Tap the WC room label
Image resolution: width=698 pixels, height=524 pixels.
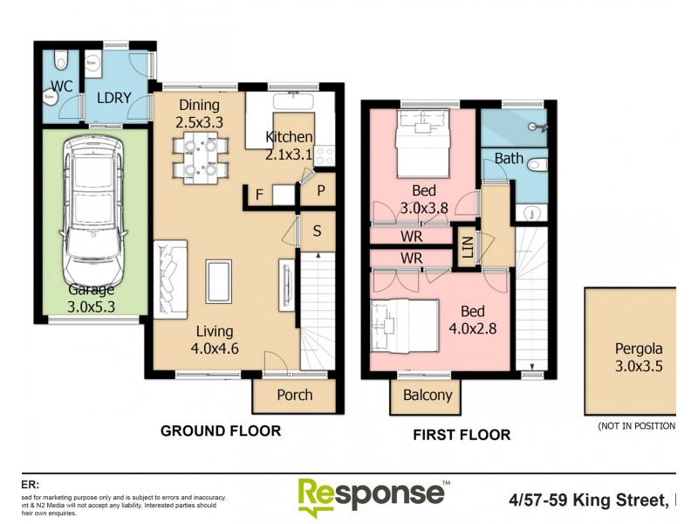pyautogui.click(x=61, y=86)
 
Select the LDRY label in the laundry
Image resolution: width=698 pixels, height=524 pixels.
pyautogui.click(x=113, y=97)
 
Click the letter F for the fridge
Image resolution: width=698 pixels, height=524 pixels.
pyautogui.click(x=259, y=195)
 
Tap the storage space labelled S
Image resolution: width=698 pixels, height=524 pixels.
pyautogui.click(x=317, y=231)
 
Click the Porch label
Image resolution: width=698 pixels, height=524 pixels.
pyautogui.click(x=295, y=395)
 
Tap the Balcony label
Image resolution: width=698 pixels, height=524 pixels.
pyautogui.click(x=428, y=395)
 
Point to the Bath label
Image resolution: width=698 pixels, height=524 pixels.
pyautogui.click(x=509, y=159)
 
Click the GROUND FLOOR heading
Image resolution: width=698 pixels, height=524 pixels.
pyautogui.click(x=220, y=431)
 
